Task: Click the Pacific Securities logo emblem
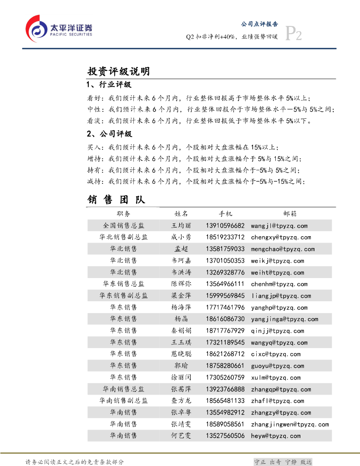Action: pyautogui.click(x=37, y=27)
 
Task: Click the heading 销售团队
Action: pyautogui.click(x=116, y=200)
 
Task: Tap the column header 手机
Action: pyautogui.click(x=225, y=213)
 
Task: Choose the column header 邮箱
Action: pyautogui.click(x=290, y=213)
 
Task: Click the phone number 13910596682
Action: pyautogui.click(x=225, y=226)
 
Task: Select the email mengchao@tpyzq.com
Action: pyautogui.click(x=283, y=249)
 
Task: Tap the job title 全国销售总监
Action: pyautogui.click(x=123, y=226)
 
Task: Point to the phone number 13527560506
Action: pyautogui.click(x=225, y=436)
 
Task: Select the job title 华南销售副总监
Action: pyautogui.click(x=123, y=401)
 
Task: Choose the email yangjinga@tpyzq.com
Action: pyautogui.click(x=284, y=319)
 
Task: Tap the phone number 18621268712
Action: pyautogui.click(x=225, y=354)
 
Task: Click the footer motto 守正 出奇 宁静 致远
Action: pyautogui.click(x=283, y=461)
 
